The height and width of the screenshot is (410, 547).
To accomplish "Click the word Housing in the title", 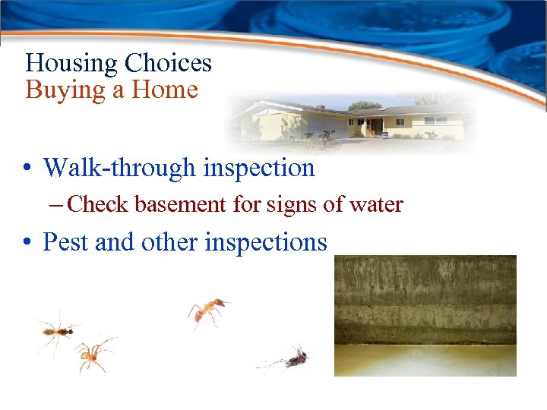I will tap(71, 63).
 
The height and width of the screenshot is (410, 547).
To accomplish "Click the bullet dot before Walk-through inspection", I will tap(28, 168).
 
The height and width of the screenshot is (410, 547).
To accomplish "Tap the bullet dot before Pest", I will tap(28, 242).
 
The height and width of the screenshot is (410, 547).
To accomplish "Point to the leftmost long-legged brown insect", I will tap(57, 329).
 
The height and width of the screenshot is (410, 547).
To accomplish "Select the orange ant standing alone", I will tap(207, 310).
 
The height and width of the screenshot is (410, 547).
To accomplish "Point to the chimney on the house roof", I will tap(321, 108).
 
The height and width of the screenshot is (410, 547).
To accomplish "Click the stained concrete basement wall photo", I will tap(425, 315).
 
